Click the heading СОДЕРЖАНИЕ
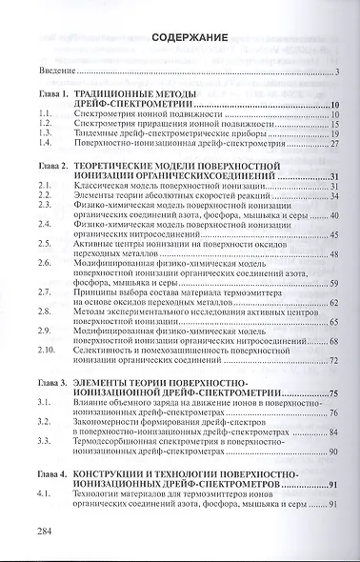[x=187, y=37]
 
